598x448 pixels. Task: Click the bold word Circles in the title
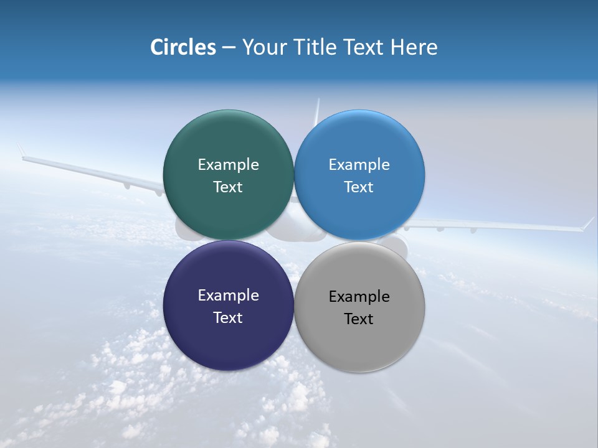[183, 47]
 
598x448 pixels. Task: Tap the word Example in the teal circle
[228, 165]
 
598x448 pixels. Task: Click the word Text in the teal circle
[228, 187]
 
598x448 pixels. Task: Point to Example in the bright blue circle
[359, 165]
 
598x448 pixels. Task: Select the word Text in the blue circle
[359, 187]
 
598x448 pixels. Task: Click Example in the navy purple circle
[228, 296]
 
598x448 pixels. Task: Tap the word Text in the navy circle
[228, 318]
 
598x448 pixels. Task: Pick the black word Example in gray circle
[359, 297]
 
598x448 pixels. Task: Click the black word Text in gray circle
[359, 319]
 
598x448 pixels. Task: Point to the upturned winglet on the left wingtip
[21, 151]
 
